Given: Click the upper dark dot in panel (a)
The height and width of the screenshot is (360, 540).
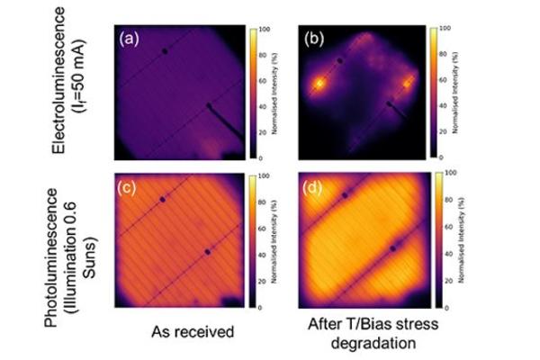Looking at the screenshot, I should (x=165, y=51).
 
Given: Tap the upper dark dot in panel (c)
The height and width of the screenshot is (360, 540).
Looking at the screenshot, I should (x=163, y=199).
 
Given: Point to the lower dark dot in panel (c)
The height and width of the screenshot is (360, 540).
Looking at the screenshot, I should (x=208, y=252).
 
